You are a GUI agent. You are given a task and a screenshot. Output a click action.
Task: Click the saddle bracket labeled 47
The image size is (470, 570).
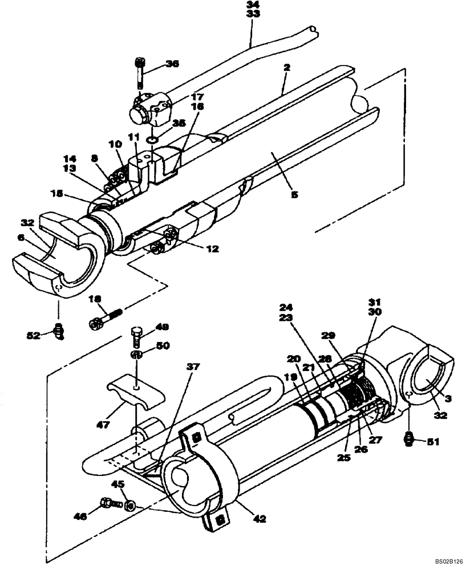point(133,393)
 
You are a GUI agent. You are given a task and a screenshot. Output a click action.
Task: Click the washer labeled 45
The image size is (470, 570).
point(129,505)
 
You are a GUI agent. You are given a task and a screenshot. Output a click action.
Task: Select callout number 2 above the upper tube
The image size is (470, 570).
point(286,67)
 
